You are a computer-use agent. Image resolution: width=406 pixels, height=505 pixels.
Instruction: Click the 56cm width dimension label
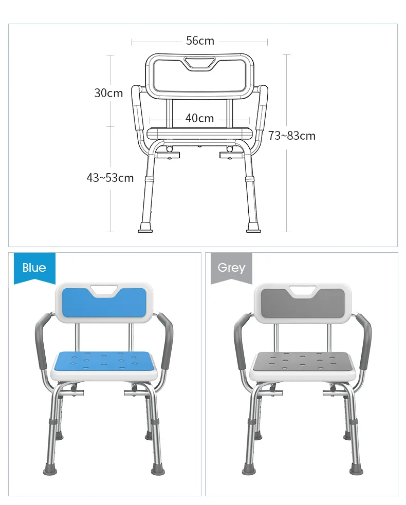click(200, 41)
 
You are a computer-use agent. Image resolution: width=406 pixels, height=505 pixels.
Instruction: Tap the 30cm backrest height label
click(108, 93)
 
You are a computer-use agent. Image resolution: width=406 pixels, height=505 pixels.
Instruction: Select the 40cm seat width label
click(199, 118)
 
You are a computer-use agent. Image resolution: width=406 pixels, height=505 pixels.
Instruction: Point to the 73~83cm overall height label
click(291, 136)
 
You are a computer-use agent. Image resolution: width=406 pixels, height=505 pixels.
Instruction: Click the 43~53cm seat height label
click(110, 178)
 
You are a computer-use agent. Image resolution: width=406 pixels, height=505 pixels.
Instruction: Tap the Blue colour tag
click(34, 268)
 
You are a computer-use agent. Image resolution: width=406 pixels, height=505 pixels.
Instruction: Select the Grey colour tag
click(231, 268)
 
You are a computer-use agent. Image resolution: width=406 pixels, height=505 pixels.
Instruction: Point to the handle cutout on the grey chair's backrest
click(303, 291)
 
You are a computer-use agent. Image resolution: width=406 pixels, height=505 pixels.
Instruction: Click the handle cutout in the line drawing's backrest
click(199, 63)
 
